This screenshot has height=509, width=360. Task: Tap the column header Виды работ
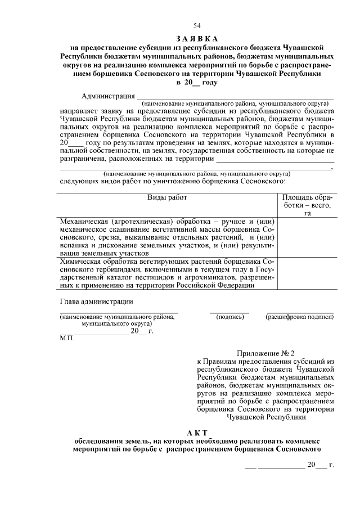point(167,197)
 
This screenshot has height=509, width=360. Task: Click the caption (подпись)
point(229,317)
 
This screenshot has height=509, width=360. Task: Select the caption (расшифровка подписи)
point(299,317)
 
